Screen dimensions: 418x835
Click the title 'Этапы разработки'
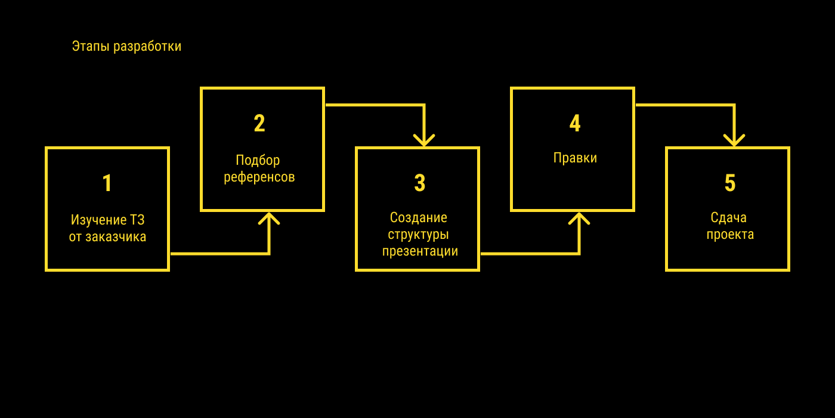(126, 47)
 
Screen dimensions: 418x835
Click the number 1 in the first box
(107, 183)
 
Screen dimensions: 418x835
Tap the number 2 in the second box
(259, 124)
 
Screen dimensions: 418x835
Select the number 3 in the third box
(420, 183)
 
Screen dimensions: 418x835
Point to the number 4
(575, 124)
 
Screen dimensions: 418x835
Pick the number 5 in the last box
(730, 183)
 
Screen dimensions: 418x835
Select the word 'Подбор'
(258, 160)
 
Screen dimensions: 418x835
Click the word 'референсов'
(259, 177)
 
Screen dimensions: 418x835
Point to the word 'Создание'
(418, 217)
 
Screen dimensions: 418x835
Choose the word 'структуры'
(418, 234)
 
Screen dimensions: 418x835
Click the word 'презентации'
(420, 251)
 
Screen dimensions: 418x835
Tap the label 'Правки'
(575, 158)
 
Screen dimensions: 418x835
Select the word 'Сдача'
(728, 217)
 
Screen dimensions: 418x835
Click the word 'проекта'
(730, 235)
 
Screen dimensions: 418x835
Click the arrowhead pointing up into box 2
(269, 219)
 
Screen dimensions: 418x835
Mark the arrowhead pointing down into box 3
(424, 140)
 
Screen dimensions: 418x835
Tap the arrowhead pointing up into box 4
(579, 219)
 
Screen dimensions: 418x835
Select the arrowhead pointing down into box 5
(734, 140)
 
